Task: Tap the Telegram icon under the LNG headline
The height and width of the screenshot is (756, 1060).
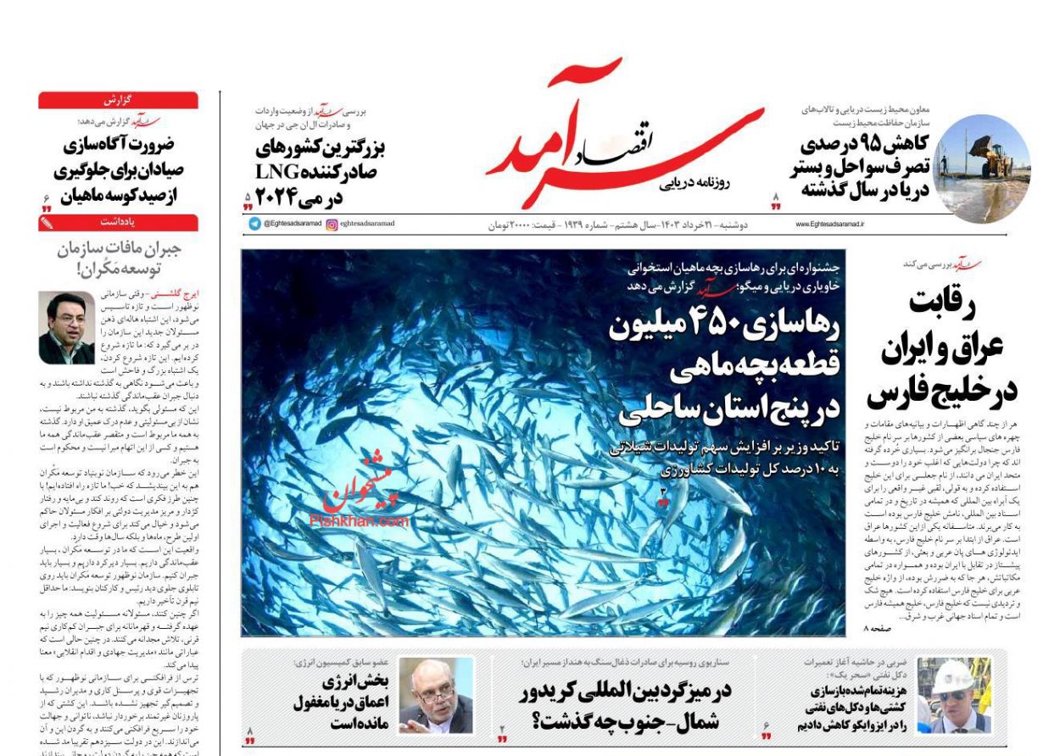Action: point(254,224)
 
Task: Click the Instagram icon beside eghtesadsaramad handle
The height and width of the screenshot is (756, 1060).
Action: point(332,224)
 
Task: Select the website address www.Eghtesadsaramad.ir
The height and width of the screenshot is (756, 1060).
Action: point(829,225)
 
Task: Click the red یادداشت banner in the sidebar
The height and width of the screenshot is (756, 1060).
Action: point(118,223)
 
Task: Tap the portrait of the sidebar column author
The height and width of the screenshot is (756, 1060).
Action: point(66,328)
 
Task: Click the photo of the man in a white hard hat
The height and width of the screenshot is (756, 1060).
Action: point(953,695)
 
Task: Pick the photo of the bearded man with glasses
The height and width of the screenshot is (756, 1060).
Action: point(435,695)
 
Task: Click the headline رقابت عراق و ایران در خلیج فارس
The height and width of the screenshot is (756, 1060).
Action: point(941,347)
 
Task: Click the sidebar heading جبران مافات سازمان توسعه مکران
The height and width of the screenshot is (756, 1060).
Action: point(119,259)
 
